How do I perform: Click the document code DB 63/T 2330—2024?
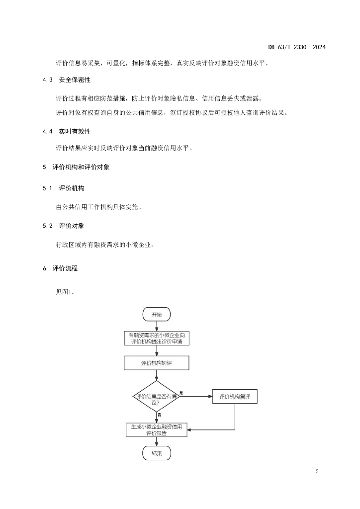(x=297, y=47)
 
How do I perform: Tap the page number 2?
(x=317, y=471)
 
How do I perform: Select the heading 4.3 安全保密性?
(x=67, y=80)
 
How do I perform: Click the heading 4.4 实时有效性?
(x=67, y=131)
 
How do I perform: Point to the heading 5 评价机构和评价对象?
(x=76, y=167)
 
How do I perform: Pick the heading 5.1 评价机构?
(x=63, y=188)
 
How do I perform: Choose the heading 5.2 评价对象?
(x=63, y=226)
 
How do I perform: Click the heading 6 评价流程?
(x=60, y=268)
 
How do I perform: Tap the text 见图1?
(x=66, y=292)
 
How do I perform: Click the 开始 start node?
(x=157, y=314)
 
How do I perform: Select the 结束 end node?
(x=157, y=453)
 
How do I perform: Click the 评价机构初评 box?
(x=157, y=363)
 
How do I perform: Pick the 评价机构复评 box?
(x=235, y=396)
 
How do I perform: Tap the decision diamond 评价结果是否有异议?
(x=157, y=397)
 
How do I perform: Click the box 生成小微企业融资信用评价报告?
(x=157, y=430)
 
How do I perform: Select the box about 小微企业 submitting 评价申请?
(x=157, y=338)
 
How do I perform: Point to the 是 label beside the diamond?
(x=181, y=393)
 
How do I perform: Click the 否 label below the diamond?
(x=159, y=415)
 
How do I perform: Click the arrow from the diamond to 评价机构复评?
(x=196, y=396)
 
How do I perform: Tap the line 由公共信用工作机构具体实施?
(x=98, y=207)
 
